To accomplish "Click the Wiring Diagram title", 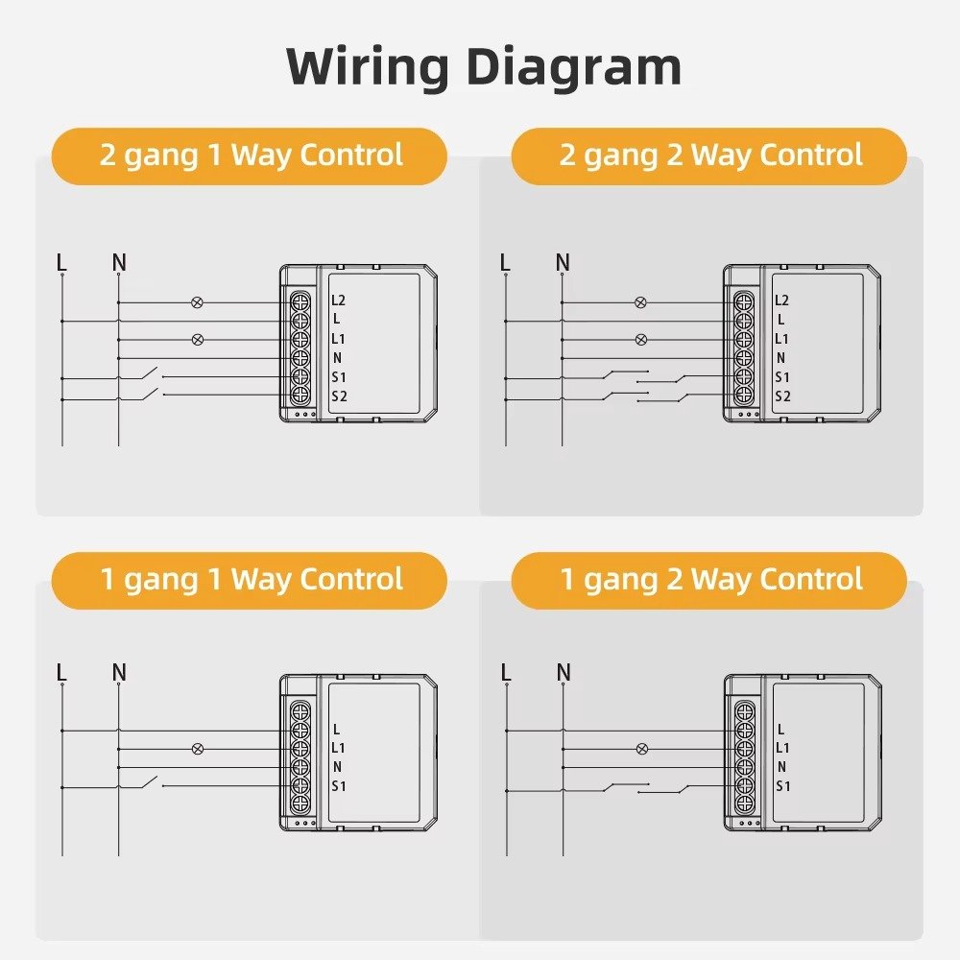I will click(484, 66).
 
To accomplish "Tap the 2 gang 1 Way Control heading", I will click(251, 156).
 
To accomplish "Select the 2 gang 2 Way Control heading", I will click(710, 156).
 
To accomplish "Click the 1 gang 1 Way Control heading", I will click(251, 580).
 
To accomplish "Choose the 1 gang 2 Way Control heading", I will click(710, 580).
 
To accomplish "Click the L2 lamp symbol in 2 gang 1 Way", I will click(198, 301).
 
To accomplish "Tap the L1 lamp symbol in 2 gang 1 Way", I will click(198, 339).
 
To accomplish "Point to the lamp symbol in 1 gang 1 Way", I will click(198, 749).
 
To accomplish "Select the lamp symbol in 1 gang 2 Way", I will click(641, 749).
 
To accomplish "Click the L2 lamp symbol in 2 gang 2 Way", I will click(641, 301).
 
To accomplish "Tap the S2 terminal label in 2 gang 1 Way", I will click(339, 396).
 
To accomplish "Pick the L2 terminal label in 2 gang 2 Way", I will click(781, 300).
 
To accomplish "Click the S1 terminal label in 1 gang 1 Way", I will click(339, 786).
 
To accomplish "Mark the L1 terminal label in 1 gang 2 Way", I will click(781, 748).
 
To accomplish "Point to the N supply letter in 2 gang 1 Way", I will click(119, 262).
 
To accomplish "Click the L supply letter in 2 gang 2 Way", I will click(506, 262).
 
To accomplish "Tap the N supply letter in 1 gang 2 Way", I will click(564, 672).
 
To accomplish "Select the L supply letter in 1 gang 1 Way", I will click(62, 672).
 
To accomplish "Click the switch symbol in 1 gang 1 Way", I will click(149, 783).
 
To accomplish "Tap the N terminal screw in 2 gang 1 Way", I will click(300, 358).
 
